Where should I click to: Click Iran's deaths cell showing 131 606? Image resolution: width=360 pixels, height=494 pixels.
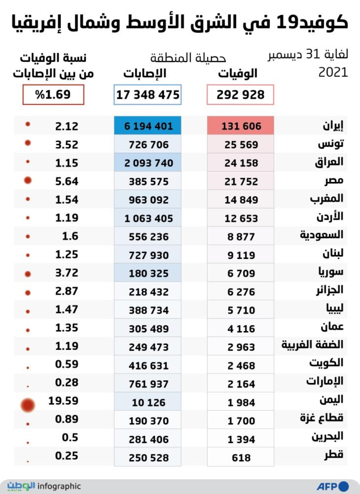pos(240,126)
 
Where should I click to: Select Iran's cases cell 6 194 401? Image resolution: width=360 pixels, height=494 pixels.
pos(148,126)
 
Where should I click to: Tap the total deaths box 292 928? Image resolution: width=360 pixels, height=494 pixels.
pos(240,95)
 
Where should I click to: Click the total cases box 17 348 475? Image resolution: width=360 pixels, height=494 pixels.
pos(148,95)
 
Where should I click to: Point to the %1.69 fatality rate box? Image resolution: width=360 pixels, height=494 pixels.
pos(53,95)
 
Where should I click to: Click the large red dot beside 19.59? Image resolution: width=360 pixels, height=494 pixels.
pos(28,405)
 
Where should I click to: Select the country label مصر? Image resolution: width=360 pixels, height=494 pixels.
pos(334,181)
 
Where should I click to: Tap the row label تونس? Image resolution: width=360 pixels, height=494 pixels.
pos(330,144)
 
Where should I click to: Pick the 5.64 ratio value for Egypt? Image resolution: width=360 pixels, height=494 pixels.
pos(67,181)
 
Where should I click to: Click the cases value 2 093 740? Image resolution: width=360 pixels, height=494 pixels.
pos(148,163)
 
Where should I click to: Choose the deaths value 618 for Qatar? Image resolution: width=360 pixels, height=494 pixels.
pos(241,458)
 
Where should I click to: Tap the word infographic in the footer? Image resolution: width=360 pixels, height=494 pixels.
pos(59,486)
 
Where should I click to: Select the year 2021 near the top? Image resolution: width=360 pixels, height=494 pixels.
pos(333,72)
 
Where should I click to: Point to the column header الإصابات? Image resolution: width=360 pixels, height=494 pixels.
pos(145,74)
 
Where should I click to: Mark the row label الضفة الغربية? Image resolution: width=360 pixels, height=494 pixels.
pos(312,345)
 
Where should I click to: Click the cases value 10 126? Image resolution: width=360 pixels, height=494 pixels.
pos(148,402)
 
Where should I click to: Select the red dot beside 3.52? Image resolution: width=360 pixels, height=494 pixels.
pos(28,143)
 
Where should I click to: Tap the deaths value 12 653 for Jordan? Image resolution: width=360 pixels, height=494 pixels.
pos(241,218)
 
